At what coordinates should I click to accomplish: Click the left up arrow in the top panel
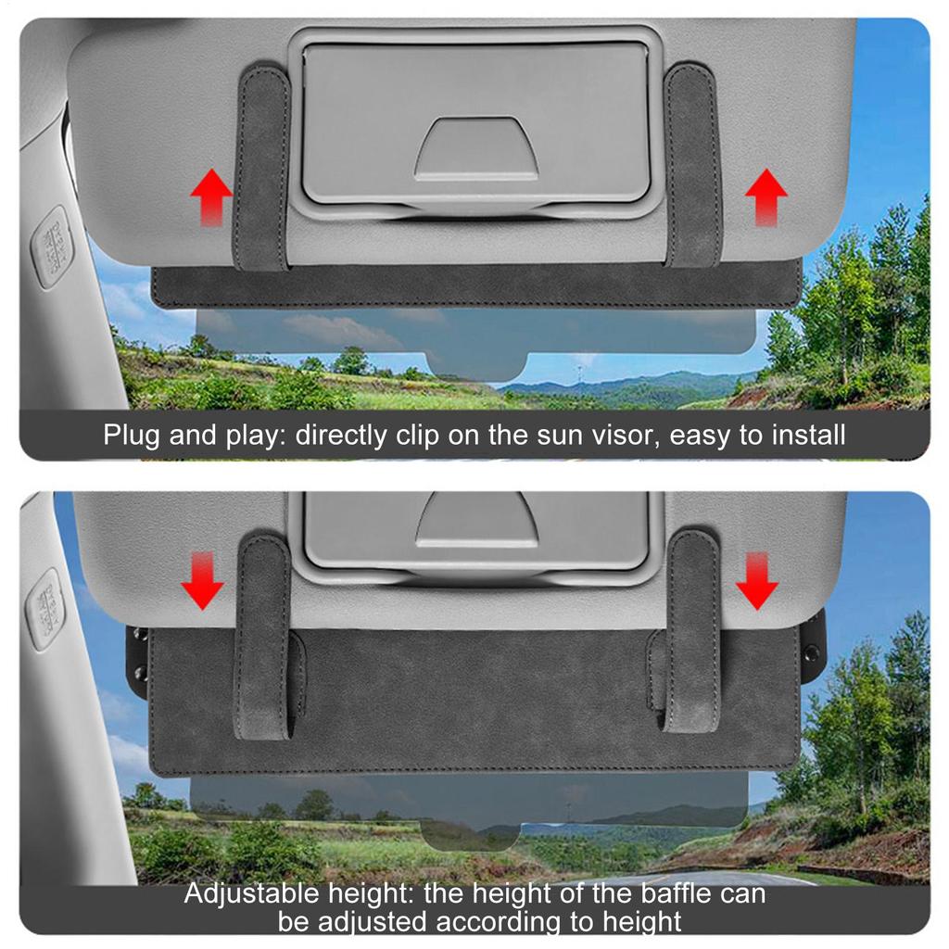(x=211, y=196)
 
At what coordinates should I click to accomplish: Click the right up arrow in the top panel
(x=766, y=196)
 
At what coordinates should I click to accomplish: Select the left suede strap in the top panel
(x=261, y=167)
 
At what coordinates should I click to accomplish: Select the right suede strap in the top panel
(x=694, y=165)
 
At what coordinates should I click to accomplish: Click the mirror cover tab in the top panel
(x=476, y=148)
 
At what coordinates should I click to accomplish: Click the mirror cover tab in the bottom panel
(x=476, y=520)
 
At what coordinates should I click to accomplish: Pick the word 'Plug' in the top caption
(x=133, y=435)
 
